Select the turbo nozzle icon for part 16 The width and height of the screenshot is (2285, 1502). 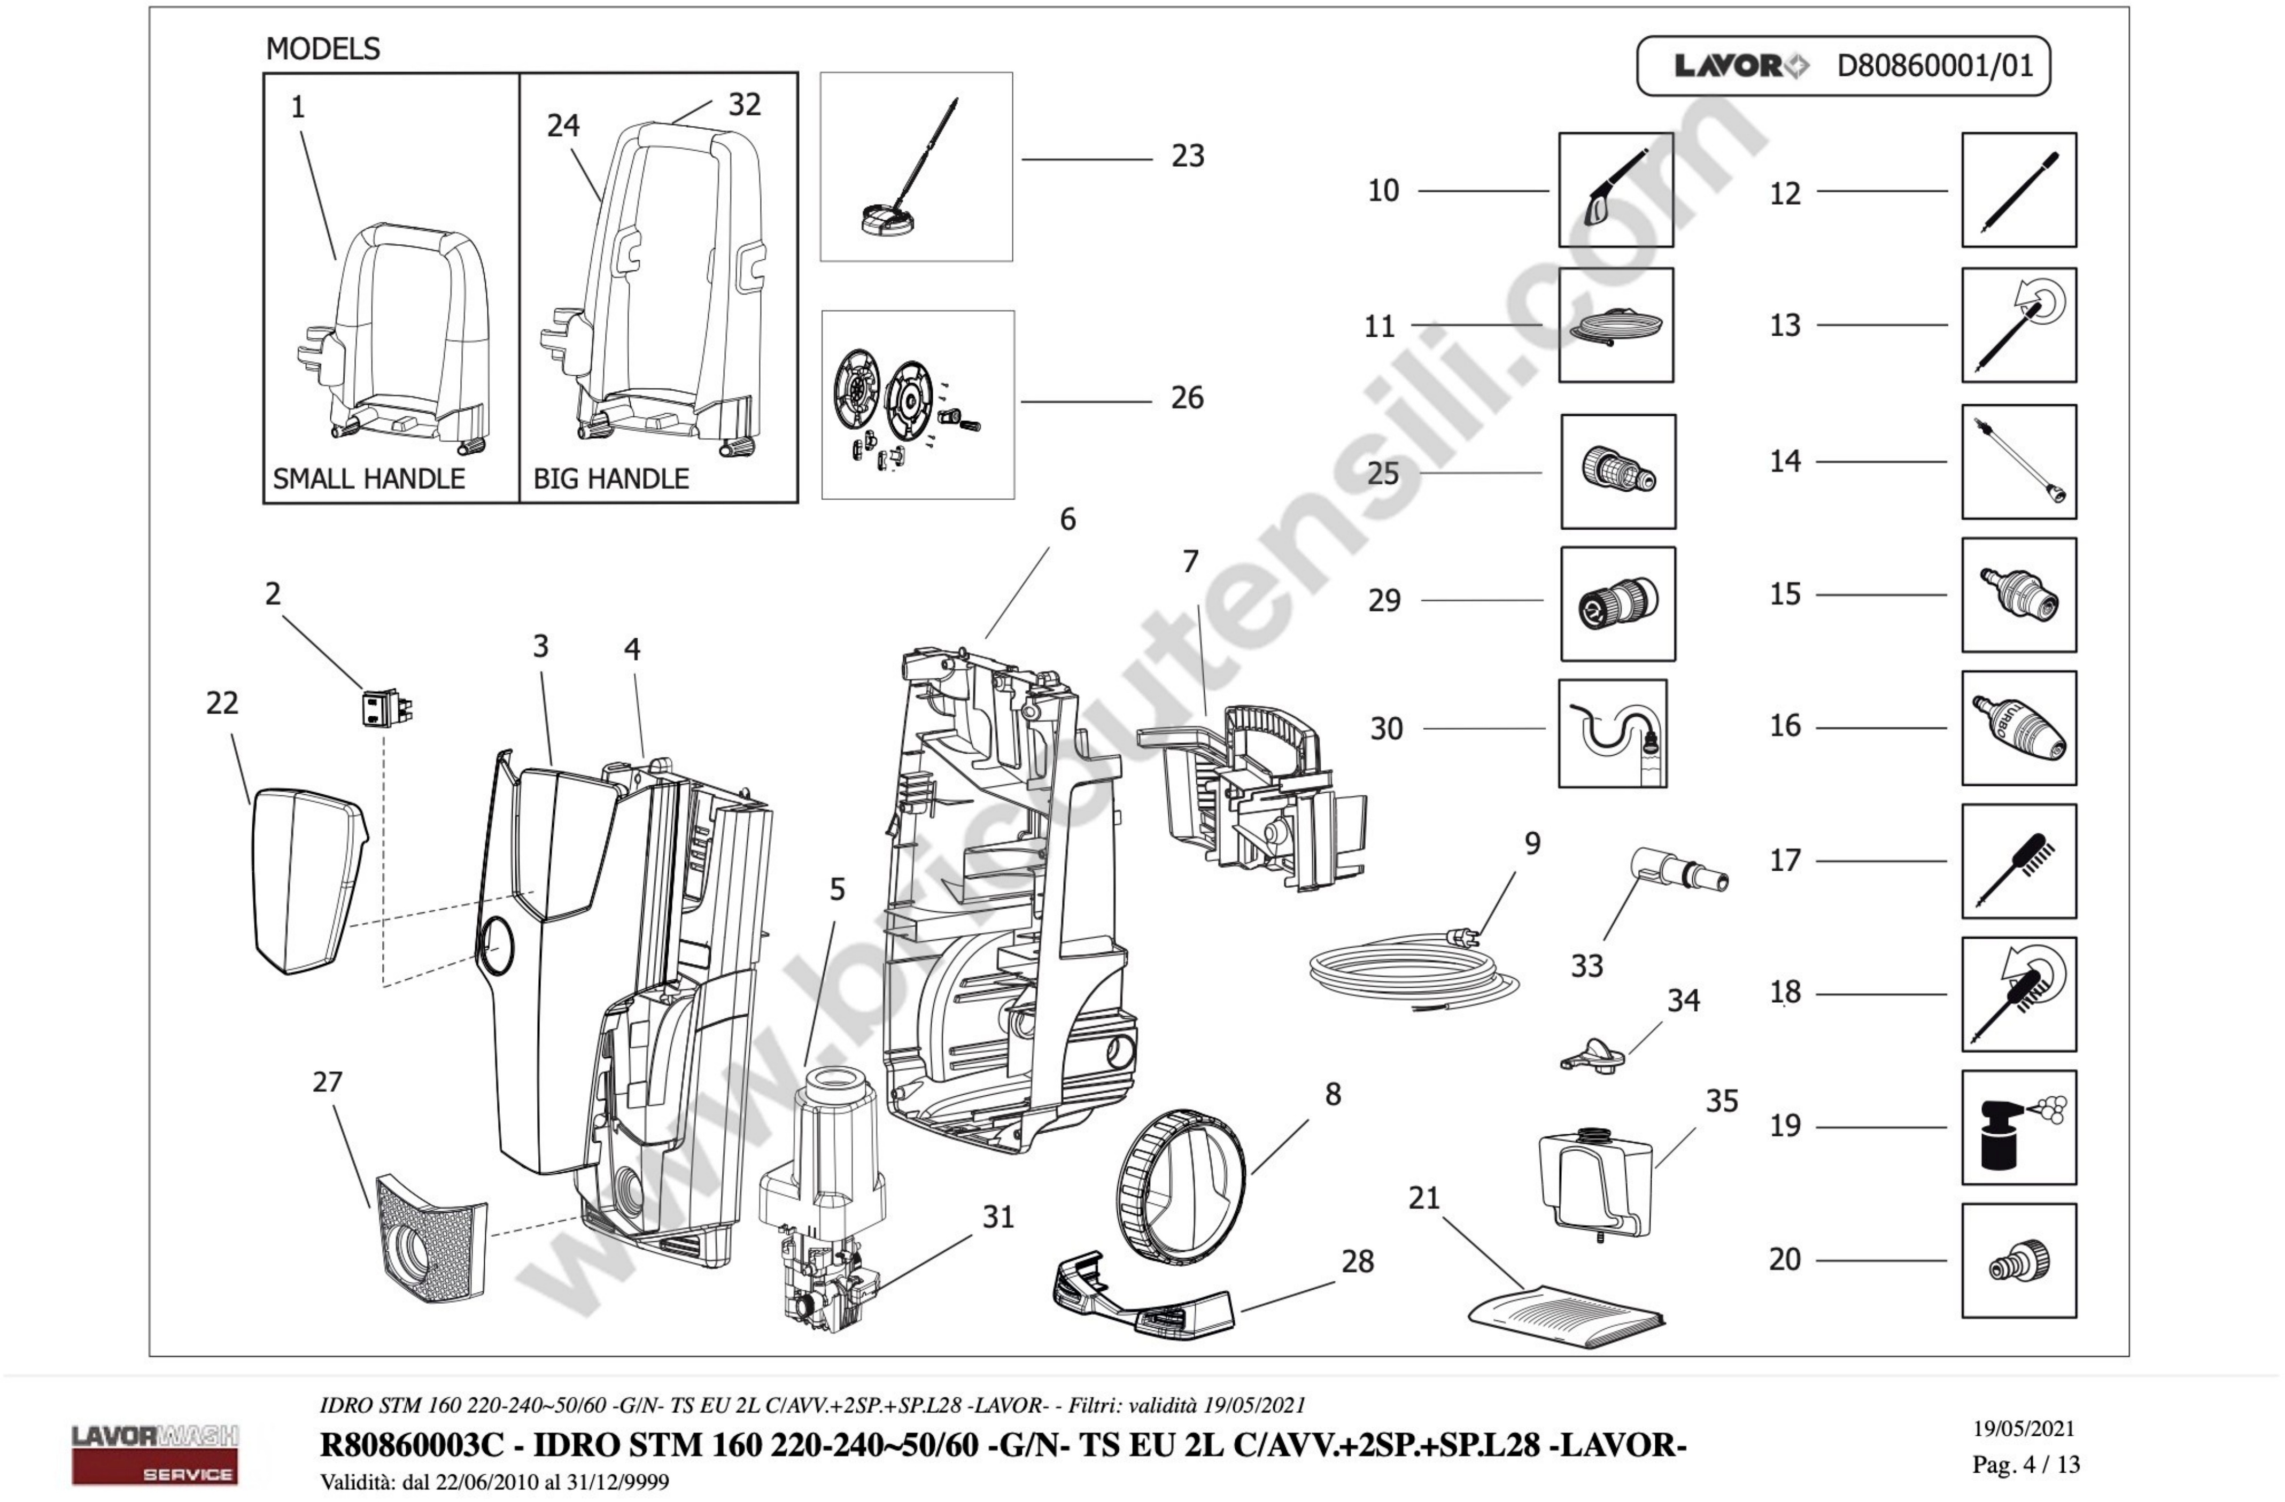tap(2018, 728)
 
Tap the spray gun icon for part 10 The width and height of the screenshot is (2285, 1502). tap(1616, 190)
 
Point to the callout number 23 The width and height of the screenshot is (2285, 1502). tap(1188, 156)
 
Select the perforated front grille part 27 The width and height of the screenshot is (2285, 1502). tap(430, 1239)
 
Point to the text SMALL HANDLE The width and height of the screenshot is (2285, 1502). tap(369, 478)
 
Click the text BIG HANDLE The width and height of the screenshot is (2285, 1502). tap(610, 478)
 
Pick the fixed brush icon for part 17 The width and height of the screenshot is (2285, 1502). tap(2018, 862)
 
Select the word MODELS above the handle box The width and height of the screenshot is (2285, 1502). tap(323, 48)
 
